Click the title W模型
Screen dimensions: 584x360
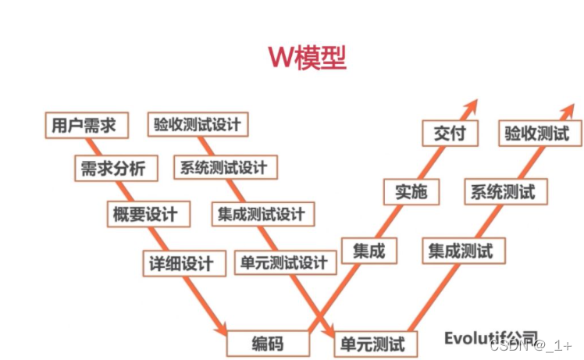[307, 57]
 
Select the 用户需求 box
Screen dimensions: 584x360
[85, 124]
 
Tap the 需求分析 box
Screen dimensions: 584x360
[113, 168]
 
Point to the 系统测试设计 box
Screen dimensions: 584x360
[223, 167]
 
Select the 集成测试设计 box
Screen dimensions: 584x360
[262, 213]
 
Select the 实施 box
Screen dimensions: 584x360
[411, 191]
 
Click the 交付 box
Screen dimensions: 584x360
[449, 133]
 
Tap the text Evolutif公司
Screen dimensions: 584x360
[490, 338]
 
